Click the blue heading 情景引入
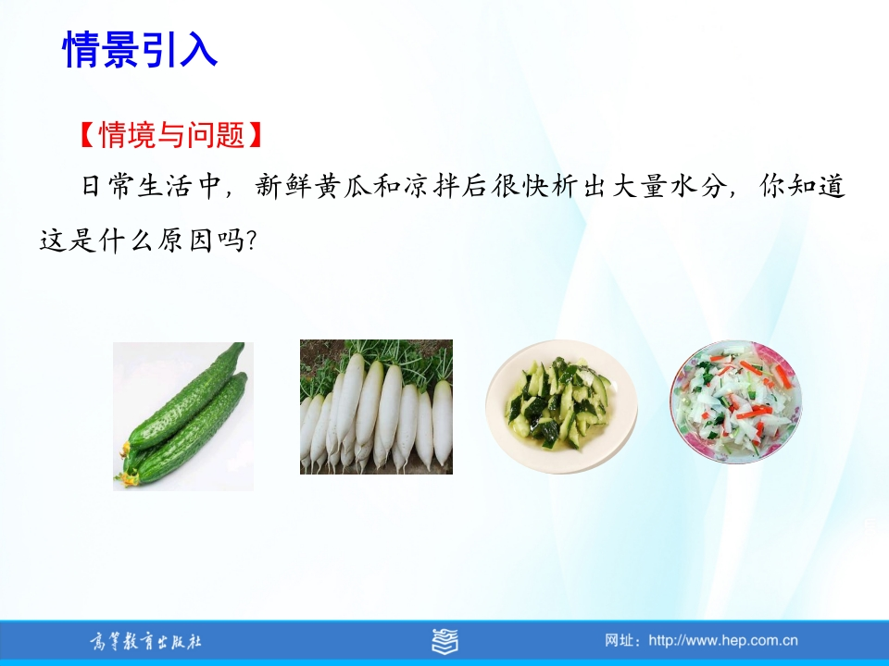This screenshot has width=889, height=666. coord(140,49)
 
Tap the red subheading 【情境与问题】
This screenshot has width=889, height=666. coord(170,135)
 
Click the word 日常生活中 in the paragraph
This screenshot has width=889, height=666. coord(150,186)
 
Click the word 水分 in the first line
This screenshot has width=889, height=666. coord(698,186)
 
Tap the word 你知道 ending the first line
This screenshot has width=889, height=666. coord(802,186)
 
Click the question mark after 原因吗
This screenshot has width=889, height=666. coord(252,241)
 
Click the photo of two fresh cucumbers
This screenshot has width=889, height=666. coord(183,416)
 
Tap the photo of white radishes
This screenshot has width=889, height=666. coord(376,407)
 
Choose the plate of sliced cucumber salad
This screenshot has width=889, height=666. coord(561,405)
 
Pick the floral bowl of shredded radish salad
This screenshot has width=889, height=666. coord(735,402)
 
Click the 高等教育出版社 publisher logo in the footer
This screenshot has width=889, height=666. coord(145,642)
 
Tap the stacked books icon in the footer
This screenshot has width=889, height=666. coord(444,641)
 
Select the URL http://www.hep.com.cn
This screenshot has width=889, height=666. coord(723,640)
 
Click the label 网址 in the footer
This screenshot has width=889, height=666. coord(618,640)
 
